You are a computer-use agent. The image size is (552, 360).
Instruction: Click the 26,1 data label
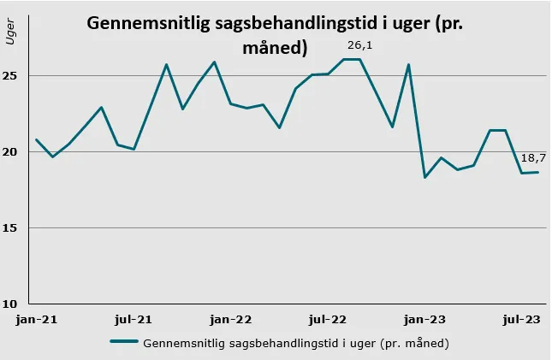click(359, 44)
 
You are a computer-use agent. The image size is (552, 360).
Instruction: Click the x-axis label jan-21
click(37, 320)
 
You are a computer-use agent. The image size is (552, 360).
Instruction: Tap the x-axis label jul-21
click(134, 320)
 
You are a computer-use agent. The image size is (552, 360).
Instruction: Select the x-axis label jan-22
click(231, 320)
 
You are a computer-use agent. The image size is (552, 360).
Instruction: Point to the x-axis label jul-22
click(327, 320)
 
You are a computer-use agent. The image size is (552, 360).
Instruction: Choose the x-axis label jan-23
click(424, 320)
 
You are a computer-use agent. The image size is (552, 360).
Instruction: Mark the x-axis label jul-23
click(520, 320)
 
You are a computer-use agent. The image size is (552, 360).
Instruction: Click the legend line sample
click(124, 343)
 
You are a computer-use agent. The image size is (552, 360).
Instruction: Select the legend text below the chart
click(296, 343)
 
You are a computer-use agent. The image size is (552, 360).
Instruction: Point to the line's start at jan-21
click(37, 139)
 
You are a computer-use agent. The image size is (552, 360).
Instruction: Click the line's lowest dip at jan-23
click(425, 177)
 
